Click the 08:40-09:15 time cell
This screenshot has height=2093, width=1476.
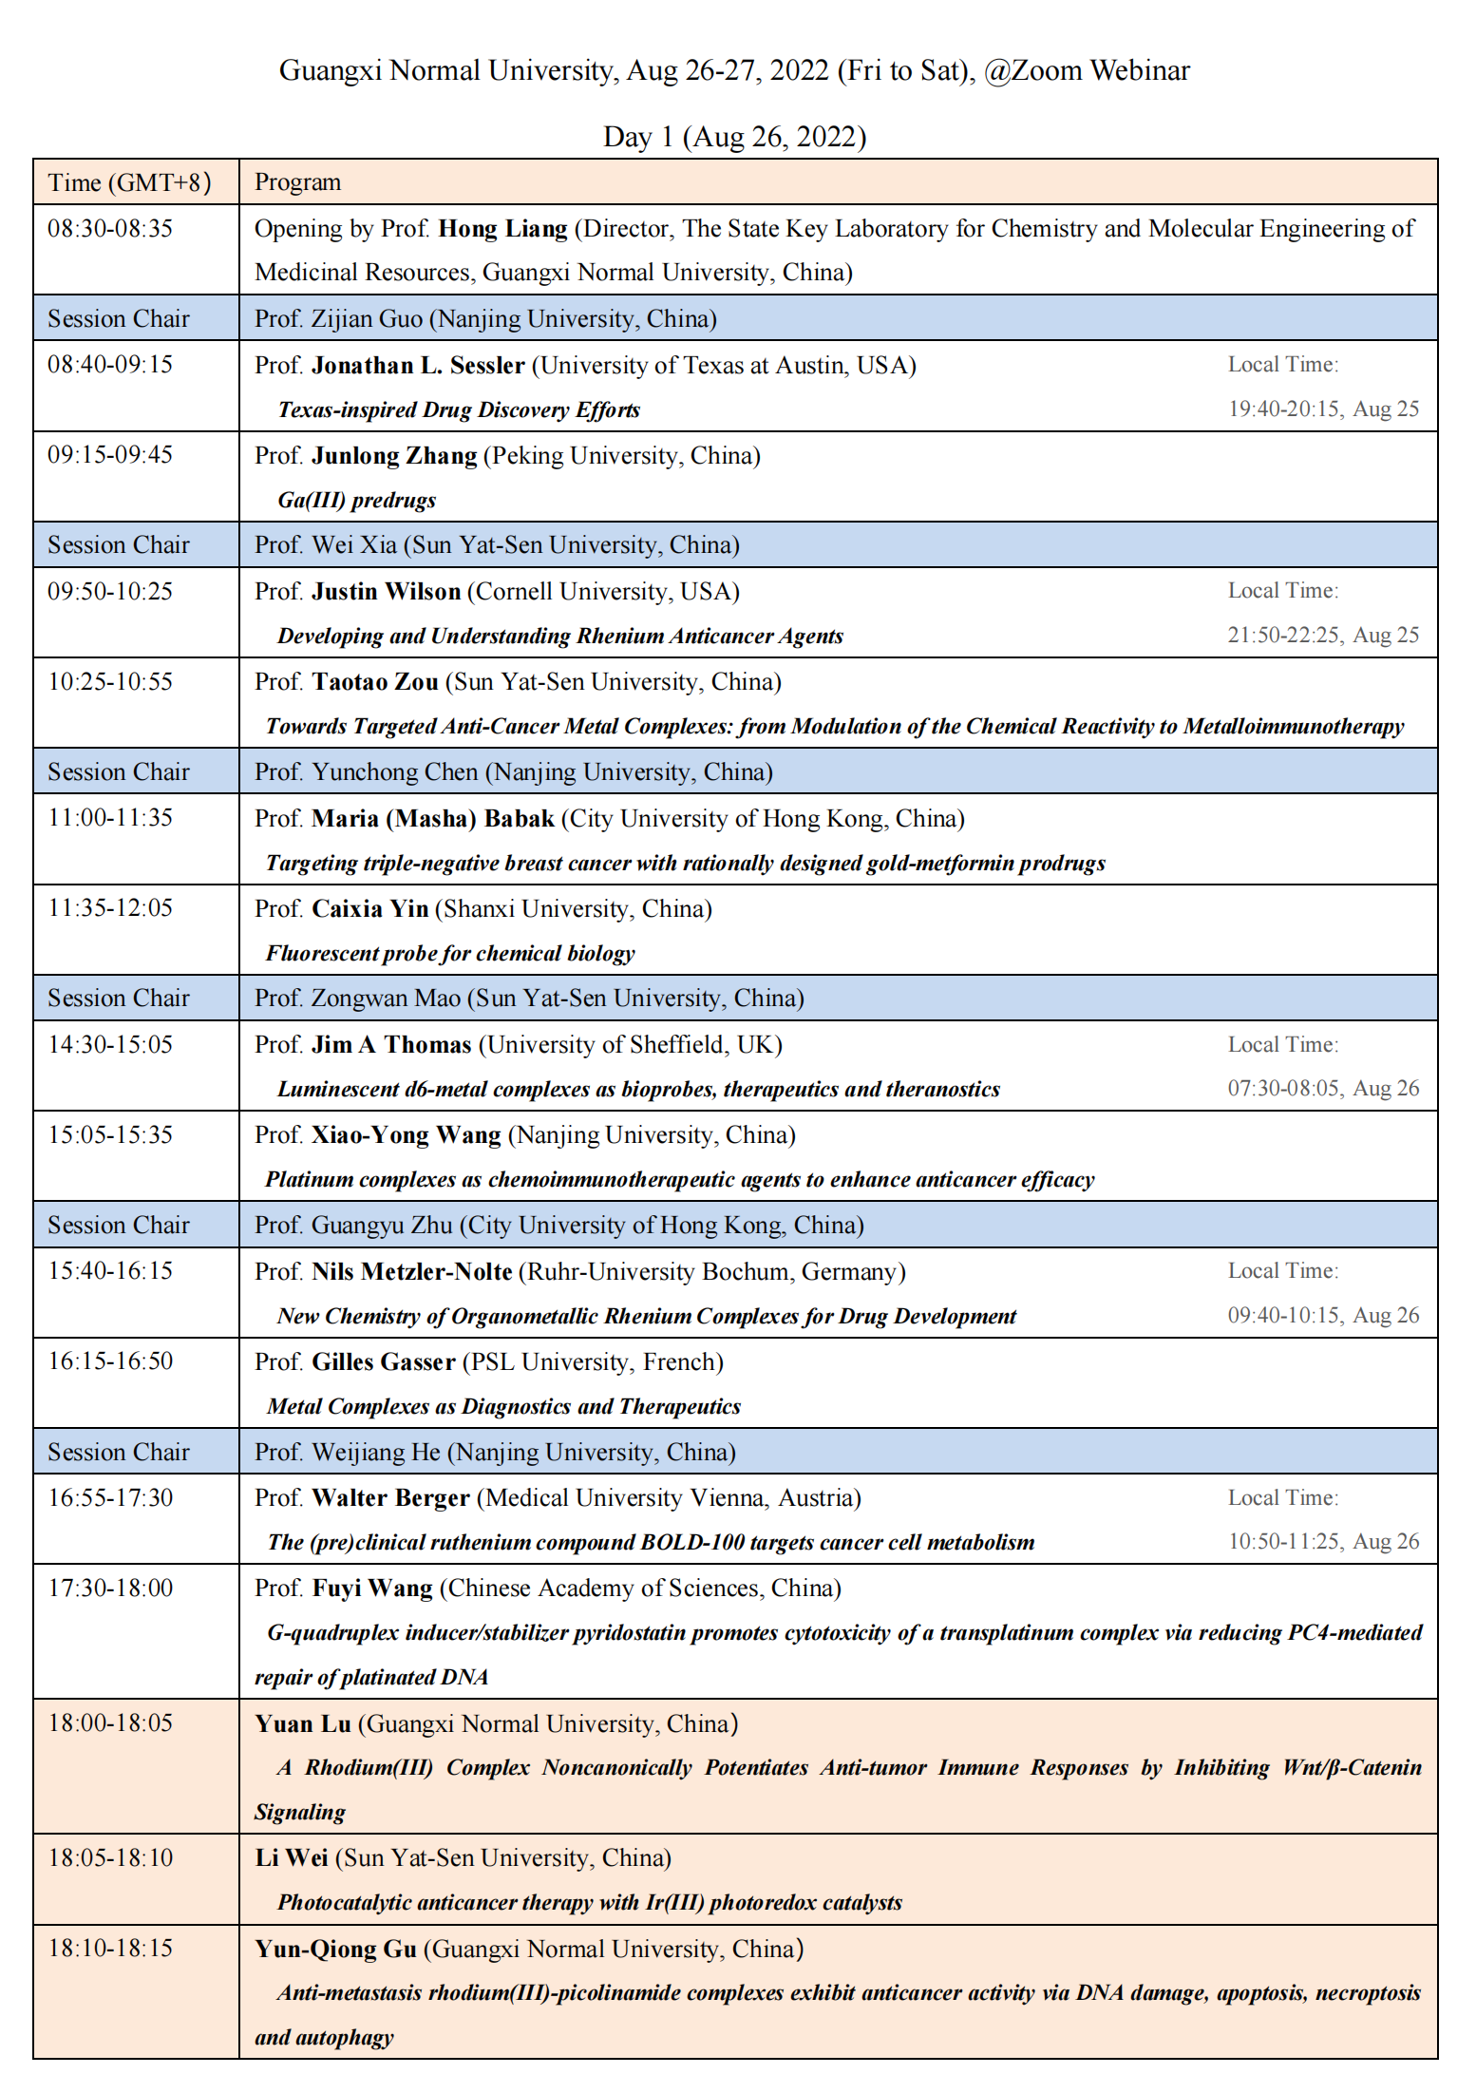(x=110, y=365)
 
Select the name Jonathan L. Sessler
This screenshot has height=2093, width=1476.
(x=418, y=366)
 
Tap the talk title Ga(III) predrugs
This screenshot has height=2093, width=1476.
(x=356, y=501)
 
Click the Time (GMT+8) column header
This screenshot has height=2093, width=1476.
(x=129, y=182)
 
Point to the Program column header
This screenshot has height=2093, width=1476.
(x=297, y=182)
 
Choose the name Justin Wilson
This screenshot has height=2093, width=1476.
(x=386, y=592)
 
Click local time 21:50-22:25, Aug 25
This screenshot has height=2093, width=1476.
(x=1322, y=635)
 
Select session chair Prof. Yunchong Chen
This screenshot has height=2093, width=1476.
(x=513, y=772)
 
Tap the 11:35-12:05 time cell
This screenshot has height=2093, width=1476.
(x=110, y=908)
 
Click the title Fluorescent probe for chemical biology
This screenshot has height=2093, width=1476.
(x=450, y=954)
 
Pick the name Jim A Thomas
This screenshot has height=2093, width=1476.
(x=391, y=1045)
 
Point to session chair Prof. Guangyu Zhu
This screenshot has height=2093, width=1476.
(x=558, y=1226)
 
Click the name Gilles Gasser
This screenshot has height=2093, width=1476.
(x=384, y=1362)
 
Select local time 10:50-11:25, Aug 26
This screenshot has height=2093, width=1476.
(x=1323, y=1542)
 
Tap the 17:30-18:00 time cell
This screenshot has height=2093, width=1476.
(x=110, y=1589)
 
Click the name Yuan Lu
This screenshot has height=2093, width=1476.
(x=303, y=1724)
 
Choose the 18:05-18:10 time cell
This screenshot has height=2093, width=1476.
(x=110, y=1858)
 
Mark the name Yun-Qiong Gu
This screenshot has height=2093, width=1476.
(x=335, y=1950)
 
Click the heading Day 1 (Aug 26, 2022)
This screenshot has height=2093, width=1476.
(x=734, y=138)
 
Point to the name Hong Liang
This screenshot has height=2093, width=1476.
(x=502, y=229)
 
